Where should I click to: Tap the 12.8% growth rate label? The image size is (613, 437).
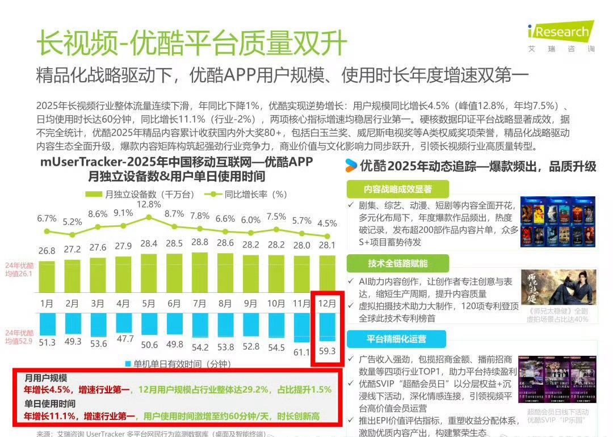pyautogui.click(x=148, y=204)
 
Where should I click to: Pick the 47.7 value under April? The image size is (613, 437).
pyautogui.click(x=123, y=338)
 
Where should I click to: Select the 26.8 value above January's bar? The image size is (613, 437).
pyautogui.click(x=47, y=251)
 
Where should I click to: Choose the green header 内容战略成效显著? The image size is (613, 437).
pyautogui.click(x=397, y=189)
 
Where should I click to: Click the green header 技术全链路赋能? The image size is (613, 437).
pyautogui.click(x=397, y=263)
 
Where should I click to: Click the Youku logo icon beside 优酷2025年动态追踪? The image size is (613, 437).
pyautogui.click(x=351, y=166)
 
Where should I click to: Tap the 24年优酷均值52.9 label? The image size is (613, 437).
pyautogui.click(x=19, y=337)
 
